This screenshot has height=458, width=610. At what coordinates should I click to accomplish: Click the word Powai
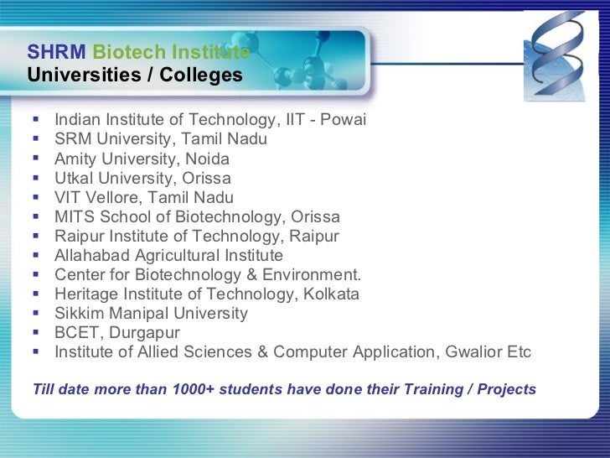[344, 120]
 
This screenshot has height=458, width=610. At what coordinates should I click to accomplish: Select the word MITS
[75, 216]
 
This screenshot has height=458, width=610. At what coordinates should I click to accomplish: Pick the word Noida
[209, 159]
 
